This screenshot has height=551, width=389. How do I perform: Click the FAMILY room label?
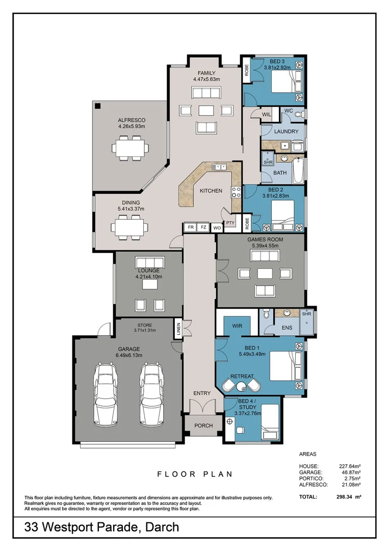tap(206, 73)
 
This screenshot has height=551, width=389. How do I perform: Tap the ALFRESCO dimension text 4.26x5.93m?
tap(132, 127)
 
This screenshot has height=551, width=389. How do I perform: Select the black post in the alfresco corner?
tap(97, 106)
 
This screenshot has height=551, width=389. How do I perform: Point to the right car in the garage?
tap(153, 394)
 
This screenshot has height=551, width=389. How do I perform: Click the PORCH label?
tap(203, 425)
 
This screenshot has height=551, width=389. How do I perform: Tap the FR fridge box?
tap(191, 227)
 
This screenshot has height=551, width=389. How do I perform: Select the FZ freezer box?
tap(203, 227)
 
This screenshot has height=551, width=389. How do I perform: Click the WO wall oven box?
tap(217, 228)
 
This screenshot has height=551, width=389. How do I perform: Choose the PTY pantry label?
tap(230, 222)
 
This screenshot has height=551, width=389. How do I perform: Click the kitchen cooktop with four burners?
tap(237, 192)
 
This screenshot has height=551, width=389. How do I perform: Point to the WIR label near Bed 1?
tap(237, 325)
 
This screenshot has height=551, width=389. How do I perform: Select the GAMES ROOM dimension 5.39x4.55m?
tap(265, 245)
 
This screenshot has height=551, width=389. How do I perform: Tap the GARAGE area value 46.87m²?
tap(350, 472)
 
